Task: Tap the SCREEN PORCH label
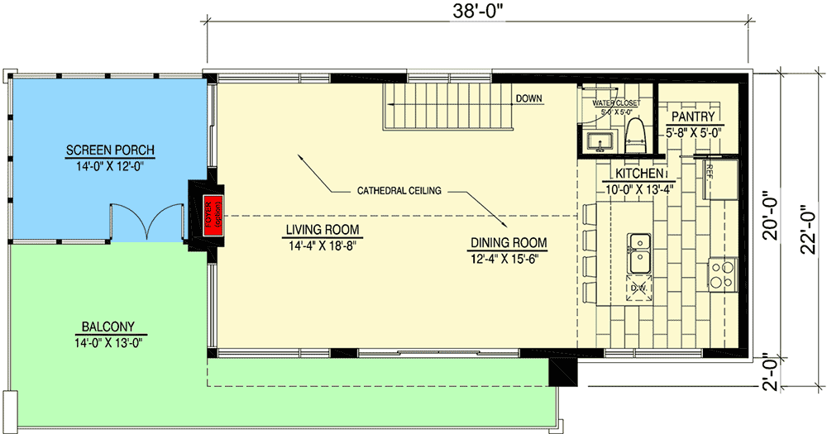tap(111, 150)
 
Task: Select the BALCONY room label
tap(108, 326)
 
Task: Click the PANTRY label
tap(692, 117)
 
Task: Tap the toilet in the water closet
tap(635, 135)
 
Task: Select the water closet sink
tap(599, 141)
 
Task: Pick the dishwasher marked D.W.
tap(638, 288)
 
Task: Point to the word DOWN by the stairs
tap(529, 98)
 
